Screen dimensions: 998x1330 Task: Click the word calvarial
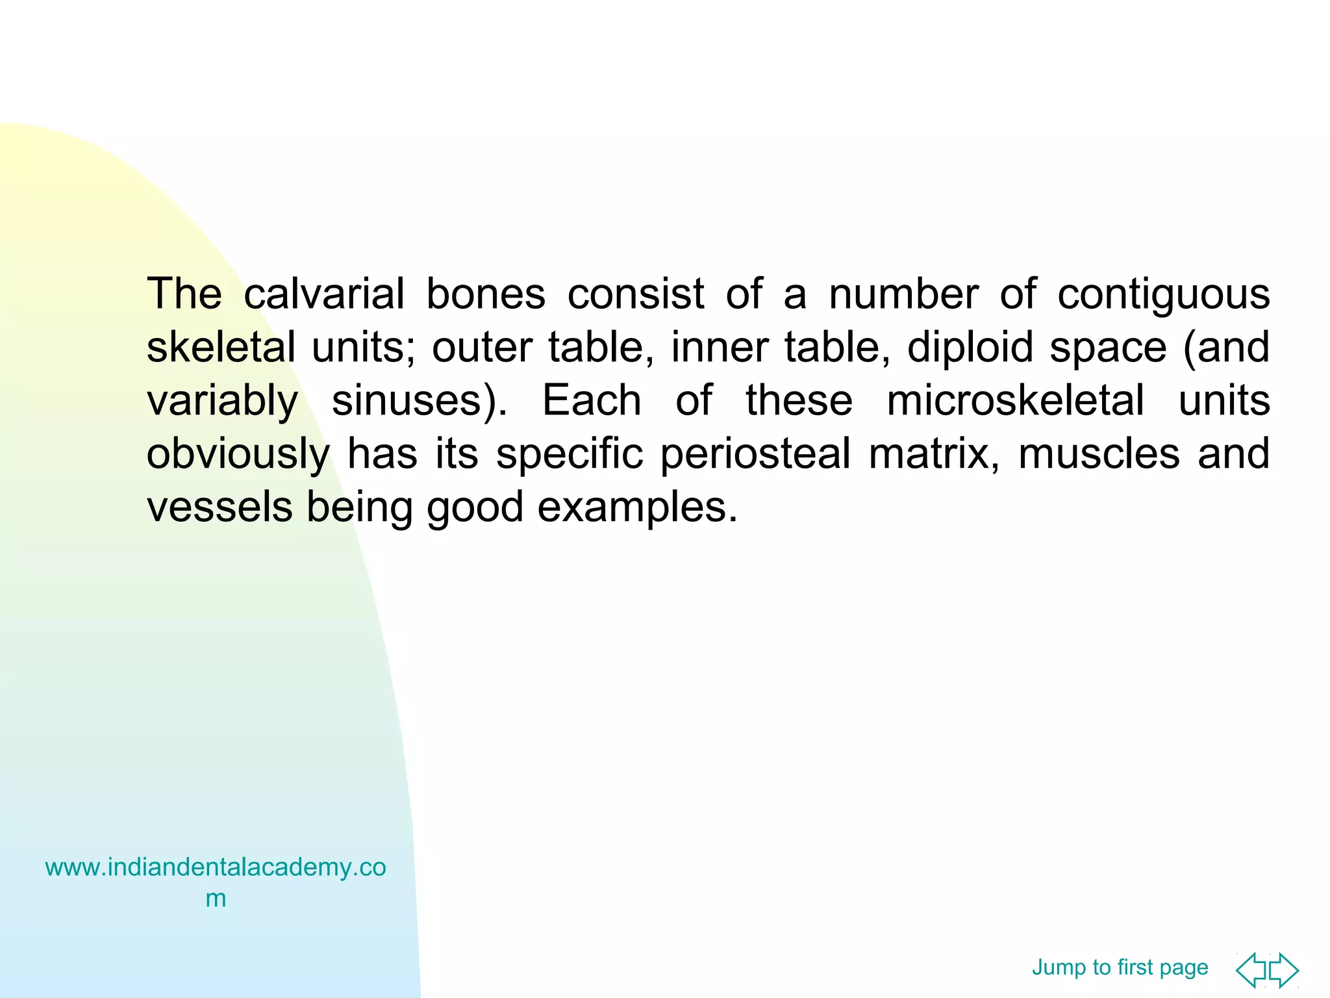324,294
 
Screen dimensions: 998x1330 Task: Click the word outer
482,347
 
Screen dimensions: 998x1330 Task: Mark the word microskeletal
1015,400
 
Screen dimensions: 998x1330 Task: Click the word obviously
238,455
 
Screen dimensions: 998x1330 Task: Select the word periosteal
755,454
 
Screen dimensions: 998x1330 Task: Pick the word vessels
220,507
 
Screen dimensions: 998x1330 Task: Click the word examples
636,508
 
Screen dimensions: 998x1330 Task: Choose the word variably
222,401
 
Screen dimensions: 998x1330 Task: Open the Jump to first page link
1120,967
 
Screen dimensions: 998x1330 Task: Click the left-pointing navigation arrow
1251,970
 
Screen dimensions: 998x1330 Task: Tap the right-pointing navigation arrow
1284,970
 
